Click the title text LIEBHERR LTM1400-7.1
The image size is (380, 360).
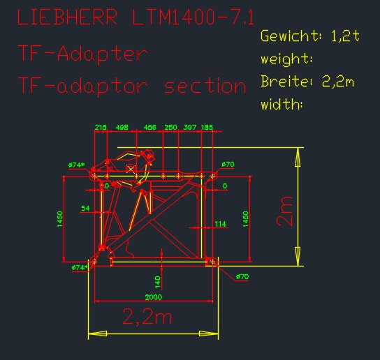click(x=136, y=17)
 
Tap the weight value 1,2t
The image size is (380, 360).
click(x=345, y=36)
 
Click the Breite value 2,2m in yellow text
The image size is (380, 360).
click(x=338, y=81)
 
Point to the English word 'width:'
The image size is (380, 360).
click(x=282, y=104)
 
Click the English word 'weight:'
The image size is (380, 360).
click(x=286, y=59)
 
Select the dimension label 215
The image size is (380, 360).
click(x=101, y=128)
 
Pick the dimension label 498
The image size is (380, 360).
click(x=122, y=128)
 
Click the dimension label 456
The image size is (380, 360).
click(x=149, y=128)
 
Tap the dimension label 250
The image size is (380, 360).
click(x=171, y=128)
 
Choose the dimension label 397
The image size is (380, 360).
click(x=190, y=128)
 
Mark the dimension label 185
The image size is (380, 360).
click(x=207, y=128)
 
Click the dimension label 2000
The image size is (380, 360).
click(x=154, y=297)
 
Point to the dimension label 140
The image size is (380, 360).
click(x=158, y=282)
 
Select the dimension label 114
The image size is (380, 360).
click(x=221, y=224)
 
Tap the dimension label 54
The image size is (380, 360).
click(x=85, y=208)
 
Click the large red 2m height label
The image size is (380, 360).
click(x=284, y=212)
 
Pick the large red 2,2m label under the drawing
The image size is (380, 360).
click(x=147, y=317)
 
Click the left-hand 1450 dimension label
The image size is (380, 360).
click(x=60, y=219)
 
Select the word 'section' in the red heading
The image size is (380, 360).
click(x=205, y=87)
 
